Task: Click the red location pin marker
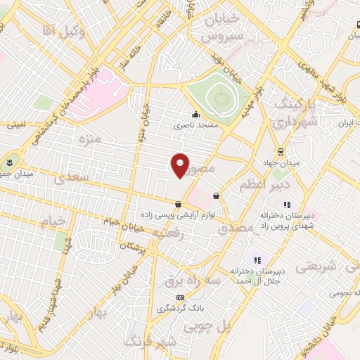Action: coord(180,165)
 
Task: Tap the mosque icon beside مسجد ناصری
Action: coord(195,115)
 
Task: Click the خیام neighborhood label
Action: coord(53,221)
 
